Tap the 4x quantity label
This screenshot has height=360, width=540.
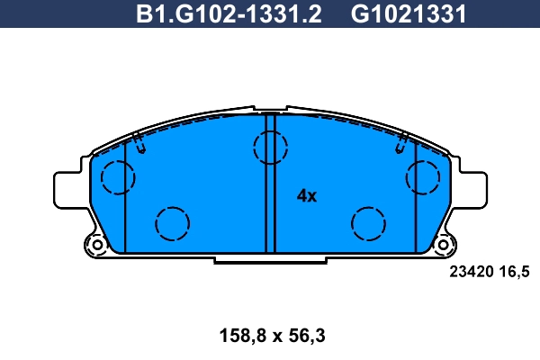(307, 196)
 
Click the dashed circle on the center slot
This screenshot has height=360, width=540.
(268, 147)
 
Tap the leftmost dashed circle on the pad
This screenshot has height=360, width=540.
(117, 176)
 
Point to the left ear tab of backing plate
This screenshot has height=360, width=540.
(70, 189)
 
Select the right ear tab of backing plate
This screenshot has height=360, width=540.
(469, 189)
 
